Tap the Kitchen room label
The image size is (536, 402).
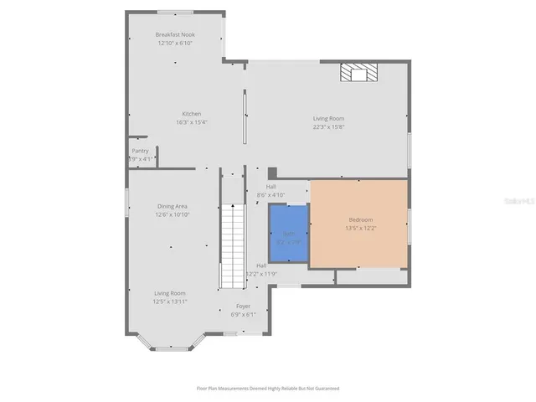tap(193, 114)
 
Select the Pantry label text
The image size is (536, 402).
tap(140, 151)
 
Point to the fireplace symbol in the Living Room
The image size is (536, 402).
tap(358, 74)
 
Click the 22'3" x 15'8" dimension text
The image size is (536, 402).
tap(328, 127)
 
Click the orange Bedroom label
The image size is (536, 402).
tap(360, 219)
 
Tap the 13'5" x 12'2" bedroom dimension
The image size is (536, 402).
tap(360, 228)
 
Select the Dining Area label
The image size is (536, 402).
tap(172, 206)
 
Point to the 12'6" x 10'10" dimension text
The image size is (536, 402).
tap(172, 214)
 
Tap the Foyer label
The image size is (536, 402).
tap(243, 307)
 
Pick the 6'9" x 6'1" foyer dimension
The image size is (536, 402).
tap(243, 315)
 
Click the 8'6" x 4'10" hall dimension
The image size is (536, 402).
tap(271, 194)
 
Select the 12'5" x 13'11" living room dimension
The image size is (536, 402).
tap(170, 301)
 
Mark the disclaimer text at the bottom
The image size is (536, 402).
tap(268, 389)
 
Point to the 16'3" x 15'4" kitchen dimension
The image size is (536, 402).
tap(193, 122)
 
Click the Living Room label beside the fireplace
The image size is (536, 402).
tap(328, 119)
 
